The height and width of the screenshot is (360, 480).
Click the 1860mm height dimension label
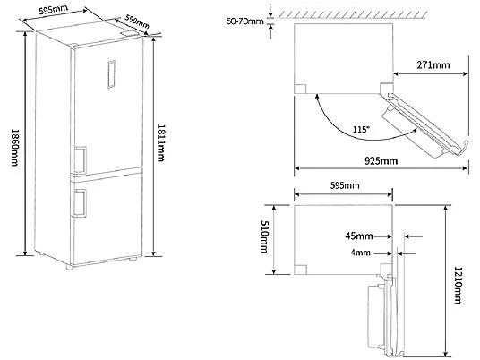tap(15, 148)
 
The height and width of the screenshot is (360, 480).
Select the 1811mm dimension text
tap(160, 142)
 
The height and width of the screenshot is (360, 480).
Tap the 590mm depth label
tap(137, 21)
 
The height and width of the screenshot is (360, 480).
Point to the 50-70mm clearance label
tap(244, 21)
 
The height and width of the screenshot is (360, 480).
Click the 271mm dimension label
tap(433, 64)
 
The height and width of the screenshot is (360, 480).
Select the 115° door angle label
tap(362, 130)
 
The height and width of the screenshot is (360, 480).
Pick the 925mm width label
tap(381, 160)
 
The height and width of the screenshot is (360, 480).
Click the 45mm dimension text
tap(359, 236)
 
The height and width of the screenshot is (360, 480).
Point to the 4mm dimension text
tap(361, 253)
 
